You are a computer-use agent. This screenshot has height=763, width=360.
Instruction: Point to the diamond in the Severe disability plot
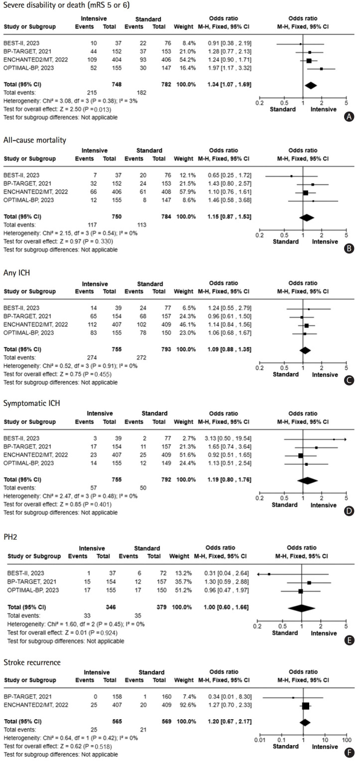tap(310, 85)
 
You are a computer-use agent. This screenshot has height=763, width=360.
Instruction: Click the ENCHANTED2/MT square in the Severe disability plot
tap(309, 60)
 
